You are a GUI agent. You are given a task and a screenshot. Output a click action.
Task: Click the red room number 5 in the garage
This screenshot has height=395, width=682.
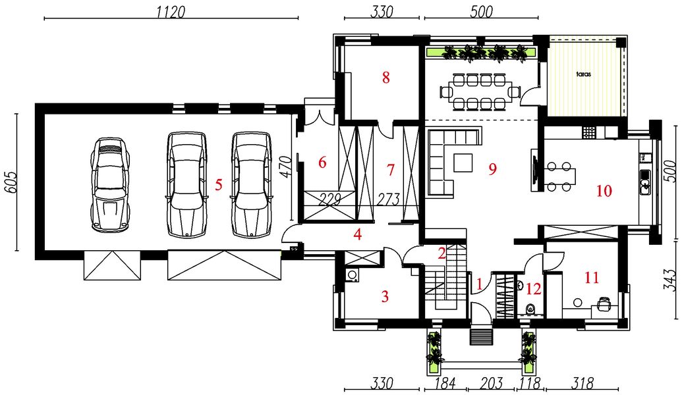click(x=219, y=185)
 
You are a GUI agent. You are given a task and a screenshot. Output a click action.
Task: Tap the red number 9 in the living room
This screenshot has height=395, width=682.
click(x=492, y=169)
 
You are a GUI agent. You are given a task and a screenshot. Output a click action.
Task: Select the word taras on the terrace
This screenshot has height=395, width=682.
click(x=584, y=74)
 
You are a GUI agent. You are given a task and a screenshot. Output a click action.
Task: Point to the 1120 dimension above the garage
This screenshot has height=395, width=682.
click(x=171, y=12)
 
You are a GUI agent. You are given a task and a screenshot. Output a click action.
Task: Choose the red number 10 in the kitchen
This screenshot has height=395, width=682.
click(x=604, y=191)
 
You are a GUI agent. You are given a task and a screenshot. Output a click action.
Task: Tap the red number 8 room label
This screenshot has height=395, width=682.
click(x=385, y=78)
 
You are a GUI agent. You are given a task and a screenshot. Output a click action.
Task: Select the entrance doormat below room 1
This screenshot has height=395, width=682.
click(x=482, y=336)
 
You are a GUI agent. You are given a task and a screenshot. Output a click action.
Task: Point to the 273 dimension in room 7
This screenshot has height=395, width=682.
click(x=388, y=199)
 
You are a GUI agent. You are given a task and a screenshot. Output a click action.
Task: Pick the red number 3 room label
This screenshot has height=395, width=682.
click(x=385, y=297)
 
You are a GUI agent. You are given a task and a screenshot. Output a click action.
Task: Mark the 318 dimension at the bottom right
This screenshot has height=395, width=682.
click(x=583, y=383)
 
